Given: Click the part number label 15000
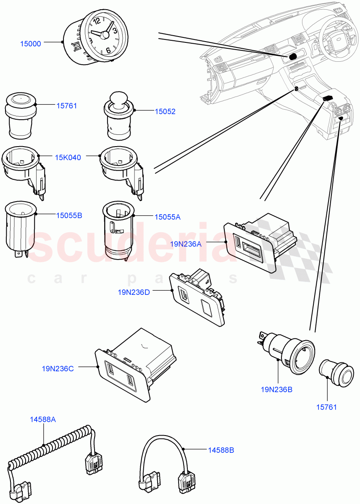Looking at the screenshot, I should coord(31,44).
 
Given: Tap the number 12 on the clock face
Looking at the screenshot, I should coord(96,21).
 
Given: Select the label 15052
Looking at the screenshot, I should coord(165,112).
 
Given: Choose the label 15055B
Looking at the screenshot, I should coord(69,215).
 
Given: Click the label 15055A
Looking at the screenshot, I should coord(167,217).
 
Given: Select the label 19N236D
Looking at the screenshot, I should coord(134,292).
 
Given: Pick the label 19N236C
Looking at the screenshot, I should coord(58,369).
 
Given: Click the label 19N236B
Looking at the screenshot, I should coord(276,389).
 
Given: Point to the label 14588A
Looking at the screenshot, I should coord(42,419).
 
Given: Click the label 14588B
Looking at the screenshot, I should coord(221,450).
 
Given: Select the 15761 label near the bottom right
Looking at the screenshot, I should coord(326,407).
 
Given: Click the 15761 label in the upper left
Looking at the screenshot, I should coord(67,106).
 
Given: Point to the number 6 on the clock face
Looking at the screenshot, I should coord(108,50).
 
